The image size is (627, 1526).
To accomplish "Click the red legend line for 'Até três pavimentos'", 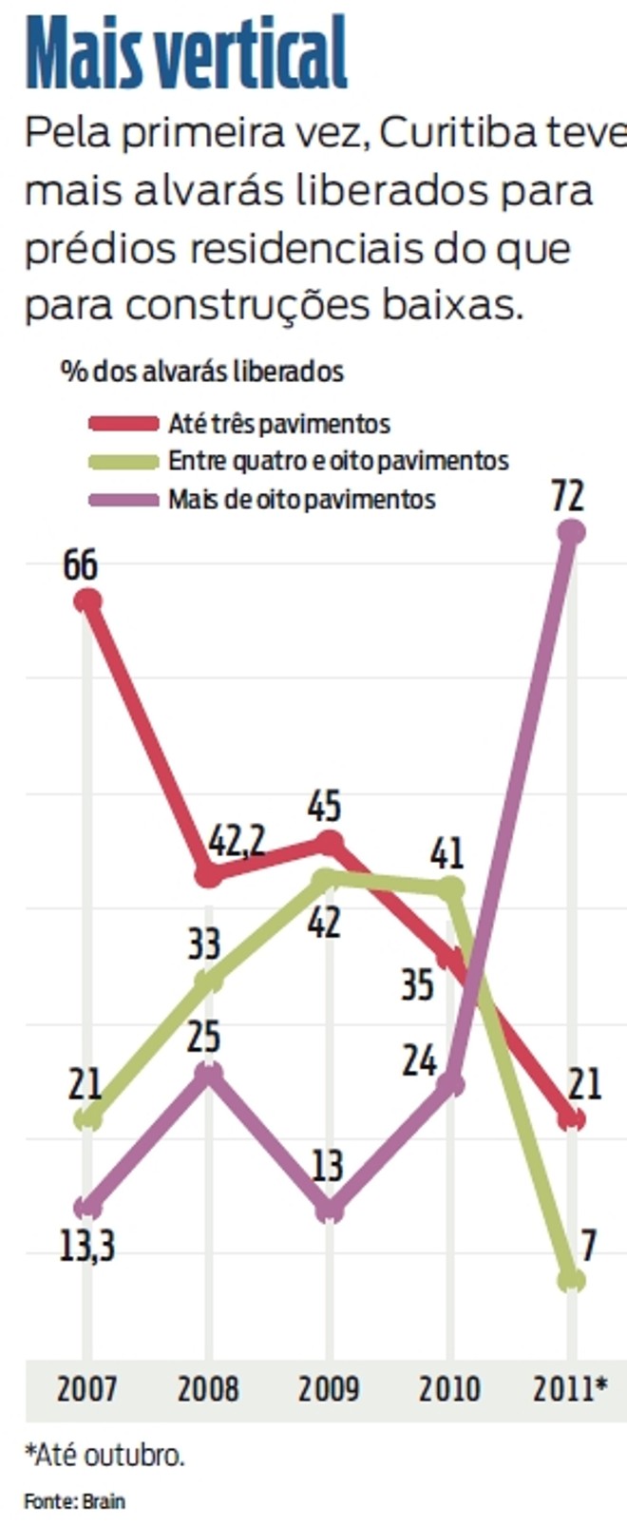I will [123, 423].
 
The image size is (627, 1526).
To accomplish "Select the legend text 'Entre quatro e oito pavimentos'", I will [338, 461].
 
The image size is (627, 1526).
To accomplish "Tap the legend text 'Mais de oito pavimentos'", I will [301, 499].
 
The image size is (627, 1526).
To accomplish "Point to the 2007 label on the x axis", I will [86, 1388].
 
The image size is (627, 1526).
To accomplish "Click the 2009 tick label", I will [329, 1388].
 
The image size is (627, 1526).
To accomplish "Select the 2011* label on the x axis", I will [570, 1388].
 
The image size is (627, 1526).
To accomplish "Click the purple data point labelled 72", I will [570, 532].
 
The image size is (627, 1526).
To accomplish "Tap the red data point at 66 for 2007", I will [87, 601].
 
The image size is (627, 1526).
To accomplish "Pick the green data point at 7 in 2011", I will [571, 1279].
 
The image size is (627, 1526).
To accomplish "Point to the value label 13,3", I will [87, 1245].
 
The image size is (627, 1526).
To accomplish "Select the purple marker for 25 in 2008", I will [209, 1074].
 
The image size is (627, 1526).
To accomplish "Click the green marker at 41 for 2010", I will [451, 889].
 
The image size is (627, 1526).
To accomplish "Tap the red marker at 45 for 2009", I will [329, 843].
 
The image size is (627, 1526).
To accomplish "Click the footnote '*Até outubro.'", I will [104, 1455].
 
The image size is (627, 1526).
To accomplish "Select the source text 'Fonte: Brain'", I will [74, 1501].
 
